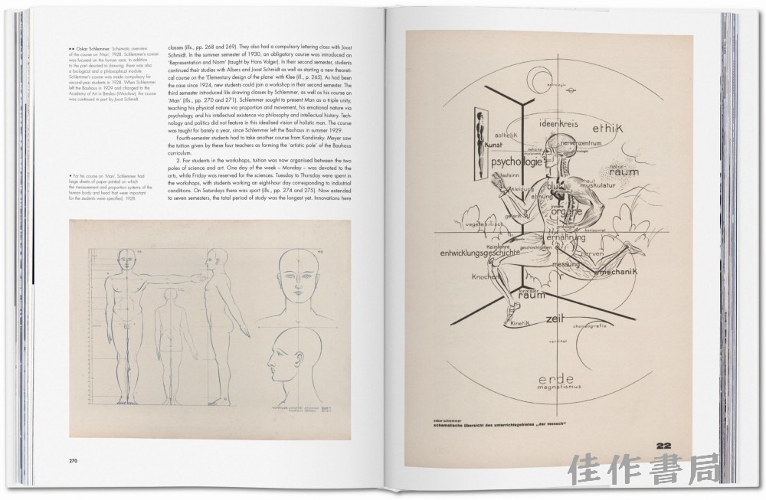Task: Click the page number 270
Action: [x=70, y=460]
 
